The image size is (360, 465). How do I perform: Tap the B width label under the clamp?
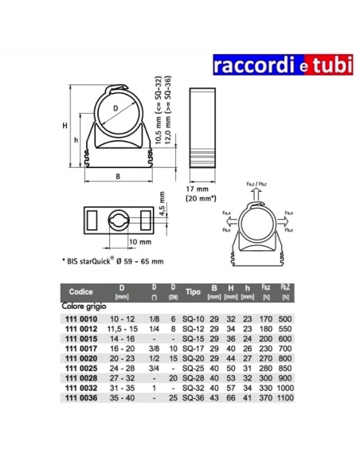pyautogui.click(x=118, y=176)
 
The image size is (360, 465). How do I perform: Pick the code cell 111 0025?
pyautogui.click(x=79, y=369)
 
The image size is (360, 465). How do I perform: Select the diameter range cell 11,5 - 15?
pyautogui.click(x=122, y=326)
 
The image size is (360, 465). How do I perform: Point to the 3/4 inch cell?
pyautogui.click(x=152, y=369)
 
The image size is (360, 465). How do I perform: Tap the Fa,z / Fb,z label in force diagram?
pyautogui.click(x=258, y=184)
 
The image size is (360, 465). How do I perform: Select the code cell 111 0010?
pyautogui.click(x=79, y=316)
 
